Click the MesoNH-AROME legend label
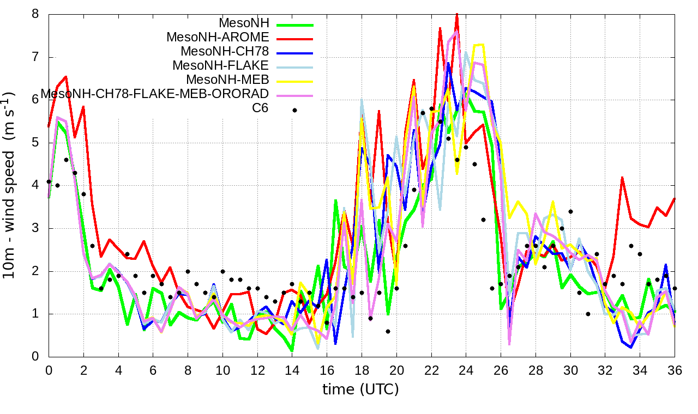[218, 38]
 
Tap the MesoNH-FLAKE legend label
[221, 66]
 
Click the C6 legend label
[260, 108]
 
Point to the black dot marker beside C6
[294, 110]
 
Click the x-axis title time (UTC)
[360, 389]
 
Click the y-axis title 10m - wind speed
[11, 185]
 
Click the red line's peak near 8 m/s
[457, 14]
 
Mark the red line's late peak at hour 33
[622, 178]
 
